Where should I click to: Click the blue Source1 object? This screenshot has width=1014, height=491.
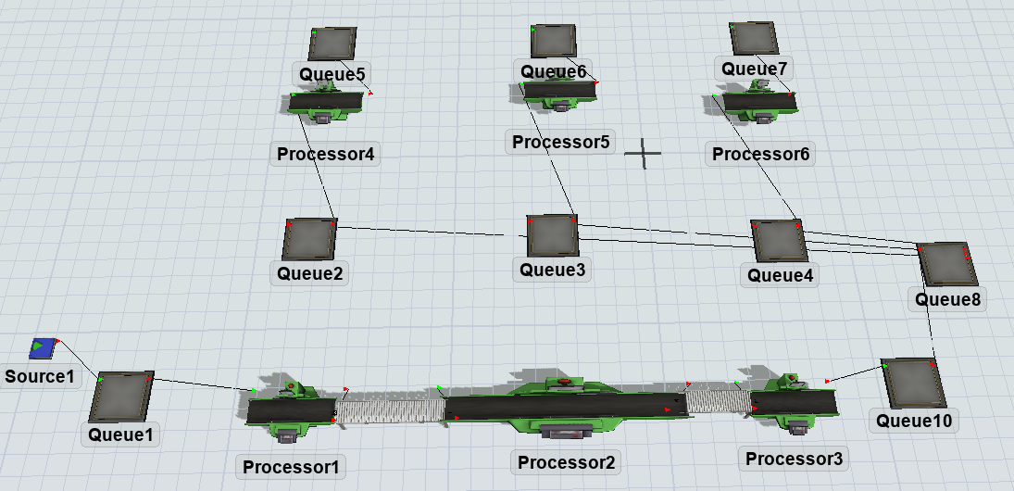[42, 347]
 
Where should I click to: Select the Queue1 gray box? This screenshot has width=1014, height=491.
[122, 397]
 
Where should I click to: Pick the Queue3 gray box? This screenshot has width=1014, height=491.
[553, 236]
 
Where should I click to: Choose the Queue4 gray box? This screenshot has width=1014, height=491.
[777, 241]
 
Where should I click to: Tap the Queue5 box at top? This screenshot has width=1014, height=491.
[332, 43]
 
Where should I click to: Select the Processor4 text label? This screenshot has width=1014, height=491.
[325, 153]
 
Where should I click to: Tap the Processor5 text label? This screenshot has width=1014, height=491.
[561, 142]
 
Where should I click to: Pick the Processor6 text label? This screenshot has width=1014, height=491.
[761, 154]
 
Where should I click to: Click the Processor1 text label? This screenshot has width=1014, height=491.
[291, 467]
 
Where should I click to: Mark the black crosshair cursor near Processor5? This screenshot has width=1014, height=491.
[643, 153]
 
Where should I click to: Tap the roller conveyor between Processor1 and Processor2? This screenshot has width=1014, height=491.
[389, 408]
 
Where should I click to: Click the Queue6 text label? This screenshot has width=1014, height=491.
[553, 71]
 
